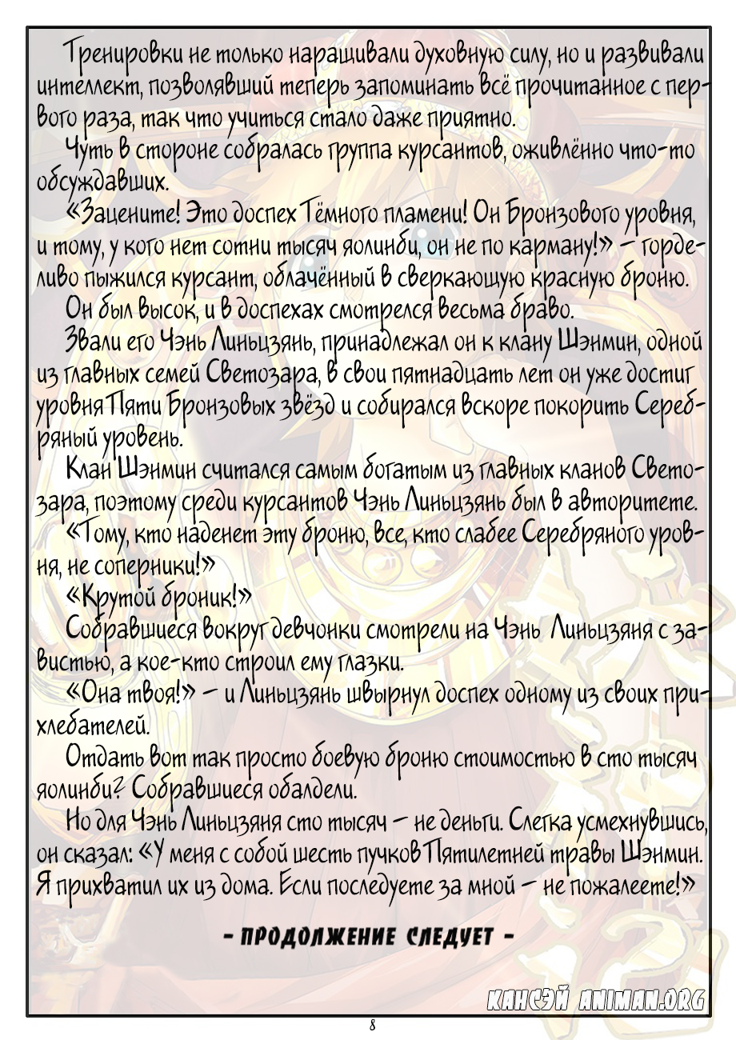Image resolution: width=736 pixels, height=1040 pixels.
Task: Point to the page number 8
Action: click(373, 1025)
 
